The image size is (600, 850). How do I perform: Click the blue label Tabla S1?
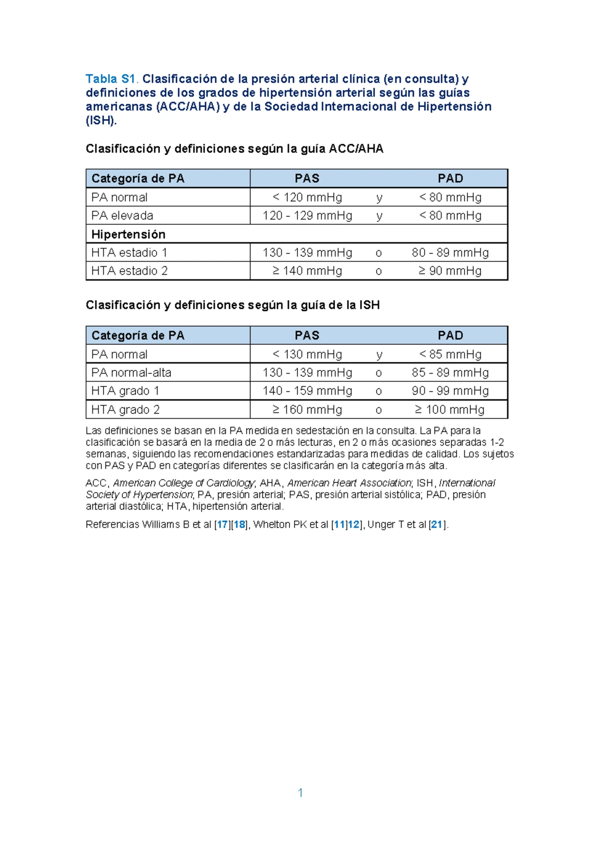(x=110, y=79)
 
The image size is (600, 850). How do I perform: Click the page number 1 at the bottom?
(x=300, y=792)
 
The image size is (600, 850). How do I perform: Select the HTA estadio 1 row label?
(x=129, y=253)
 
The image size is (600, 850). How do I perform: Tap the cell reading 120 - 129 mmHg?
(x=307, y=216)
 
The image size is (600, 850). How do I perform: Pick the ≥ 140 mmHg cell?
(x=307, y=271)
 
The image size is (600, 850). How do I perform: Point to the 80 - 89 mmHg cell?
(x=450, y=253)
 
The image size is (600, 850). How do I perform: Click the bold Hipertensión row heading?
(x=128, y=234)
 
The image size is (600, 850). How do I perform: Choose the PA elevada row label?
(x=122, y=216)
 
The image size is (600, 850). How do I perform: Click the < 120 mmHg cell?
(x=307, y=197)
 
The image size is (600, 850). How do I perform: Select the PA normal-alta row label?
(x=131, y=372)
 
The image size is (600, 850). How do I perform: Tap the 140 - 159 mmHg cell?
(x=307, y=391)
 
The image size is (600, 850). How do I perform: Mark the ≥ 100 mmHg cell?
(x=450, y=409)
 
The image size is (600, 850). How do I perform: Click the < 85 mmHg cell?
(x=450, y=354)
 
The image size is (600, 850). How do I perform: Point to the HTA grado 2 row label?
(x=125, y=409)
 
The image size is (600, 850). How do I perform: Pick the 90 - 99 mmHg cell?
(x=450, y=391)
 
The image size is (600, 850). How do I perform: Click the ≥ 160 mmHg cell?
(x=307, y=409)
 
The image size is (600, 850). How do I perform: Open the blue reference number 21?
(x=436, y=525)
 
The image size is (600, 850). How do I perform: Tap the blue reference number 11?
(x=339, y=525)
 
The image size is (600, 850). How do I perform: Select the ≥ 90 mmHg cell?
(x=450, y=271)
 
